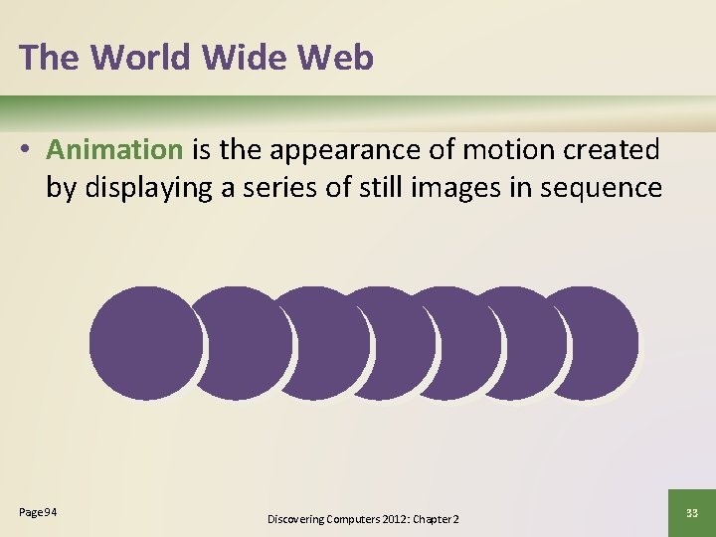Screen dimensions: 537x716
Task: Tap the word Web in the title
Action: pos(334,58)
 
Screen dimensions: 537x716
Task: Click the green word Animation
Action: pos(114,150)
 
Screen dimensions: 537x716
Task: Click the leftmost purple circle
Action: pos(145,343)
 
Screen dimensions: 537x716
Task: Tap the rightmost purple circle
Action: pos(593,343)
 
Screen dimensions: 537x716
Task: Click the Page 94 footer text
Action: pos(38,512)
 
